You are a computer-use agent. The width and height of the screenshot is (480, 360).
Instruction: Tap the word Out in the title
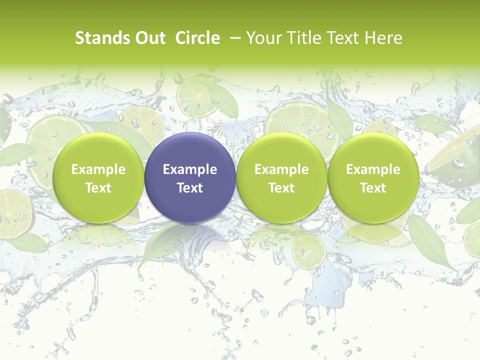point(148,38)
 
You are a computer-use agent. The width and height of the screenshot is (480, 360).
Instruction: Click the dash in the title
point(233,38)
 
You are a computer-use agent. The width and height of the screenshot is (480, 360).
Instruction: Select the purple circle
point(190,177)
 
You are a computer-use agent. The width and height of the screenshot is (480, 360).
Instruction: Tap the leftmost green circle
point(98,177)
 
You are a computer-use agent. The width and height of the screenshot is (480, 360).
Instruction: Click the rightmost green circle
point(373,177)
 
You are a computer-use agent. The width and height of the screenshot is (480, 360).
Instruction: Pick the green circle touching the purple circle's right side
point(281,177)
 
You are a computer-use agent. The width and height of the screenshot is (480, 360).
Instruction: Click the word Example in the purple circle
point(190,169)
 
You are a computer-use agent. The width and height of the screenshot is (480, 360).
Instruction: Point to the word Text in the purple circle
point(190,188)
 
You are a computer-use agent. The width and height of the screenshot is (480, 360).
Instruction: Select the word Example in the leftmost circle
point(98,169)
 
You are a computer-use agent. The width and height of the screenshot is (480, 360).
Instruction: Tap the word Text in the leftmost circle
point(98,188)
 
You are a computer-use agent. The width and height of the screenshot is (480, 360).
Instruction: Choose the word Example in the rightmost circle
point(373,169)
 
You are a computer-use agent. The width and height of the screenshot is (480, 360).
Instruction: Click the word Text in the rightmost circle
point(373,188)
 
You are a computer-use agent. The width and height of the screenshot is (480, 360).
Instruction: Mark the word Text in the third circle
point(281,188)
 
